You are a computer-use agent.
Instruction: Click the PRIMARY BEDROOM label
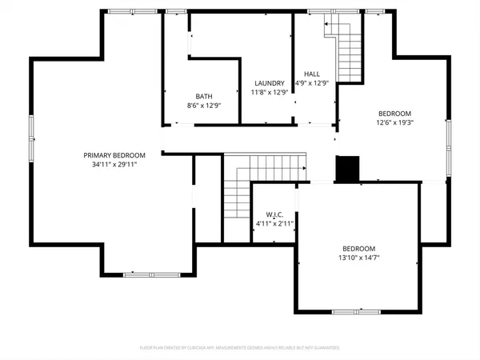(115, 155)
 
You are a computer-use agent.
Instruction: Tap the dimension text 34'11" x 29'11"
(115, 165)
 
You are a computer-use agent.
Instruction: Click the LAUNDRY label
(269, 83)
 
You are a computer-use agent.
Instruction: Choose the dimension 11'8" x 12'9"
(269, 92)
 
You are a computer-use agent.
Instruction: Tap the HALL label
(313, 73)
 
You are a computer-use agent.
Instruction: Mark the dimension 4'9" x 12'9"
(313, 82)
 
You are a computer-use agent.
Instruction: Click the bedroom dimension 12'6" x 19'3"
(394, 122)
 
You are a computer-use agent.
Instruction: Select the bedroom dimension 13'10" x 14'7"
(359, 258)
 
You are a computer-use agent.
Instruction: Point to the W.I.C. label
(274, 214)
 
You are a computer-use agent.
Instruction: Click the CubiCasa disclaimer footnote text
(240, 348)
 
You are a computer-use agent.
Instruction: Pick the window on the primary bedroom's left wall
(32, 137)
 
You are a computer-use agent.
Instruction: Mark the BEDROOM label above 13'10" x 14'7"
(359, 248)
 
